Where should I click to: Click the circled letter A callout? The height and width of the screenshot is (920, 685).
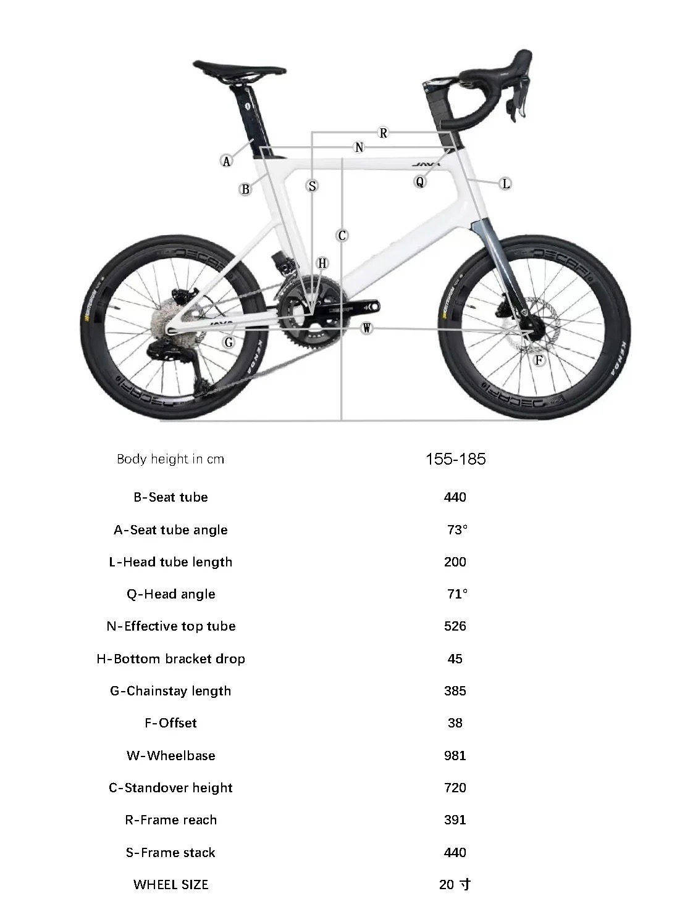227,161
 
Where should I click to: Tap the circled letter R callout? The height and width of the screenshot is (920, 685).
383,133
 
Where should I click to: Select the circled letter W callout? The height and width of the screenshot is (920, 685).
367,328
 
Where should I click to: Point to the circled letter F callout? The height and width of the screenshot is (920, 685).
539,360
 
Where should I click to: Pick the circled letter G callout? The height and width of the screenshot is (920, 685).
229,342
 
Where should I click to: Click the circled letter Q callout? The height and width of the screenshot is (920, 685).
420,181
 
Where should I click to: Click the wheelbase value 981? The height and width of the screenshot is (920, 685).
455,755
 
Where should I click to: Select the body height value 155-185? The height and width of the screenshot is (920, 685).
456,459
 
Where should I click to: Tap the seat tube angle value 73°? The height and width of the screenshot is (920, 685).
457,529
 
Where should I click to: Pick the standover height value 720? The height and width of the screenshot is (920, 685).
455,787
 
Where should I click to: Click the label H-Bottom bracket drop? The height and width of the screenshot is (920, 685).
170,658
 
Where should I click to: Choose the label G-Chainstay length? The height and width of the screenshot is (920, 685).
170,690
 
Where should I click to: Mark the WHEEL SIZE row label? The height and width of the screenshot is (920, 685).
170,884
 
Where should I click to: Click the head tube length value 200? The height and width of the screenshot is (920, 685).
455,562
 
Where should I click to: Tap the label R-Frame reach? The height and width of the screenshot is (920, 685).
170,819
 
